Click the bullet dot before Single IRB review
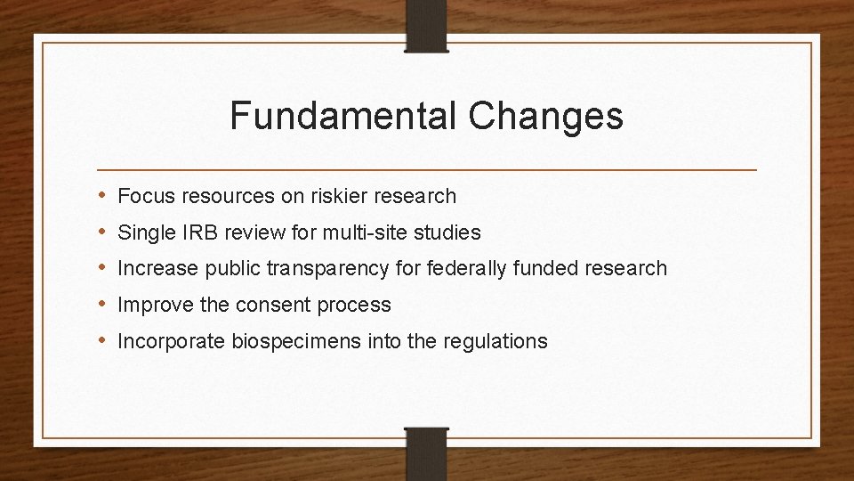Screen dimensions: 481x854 pos(105,232)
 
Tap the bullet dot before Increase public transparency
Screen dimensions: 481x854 pos(105,268)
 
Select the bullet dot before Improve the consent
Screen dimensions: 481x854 pos(105,305)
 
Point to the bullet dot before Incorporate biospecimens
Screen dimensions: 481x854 pos(105,340)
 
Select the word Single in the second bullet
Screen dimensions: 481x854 pos(141,232)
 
